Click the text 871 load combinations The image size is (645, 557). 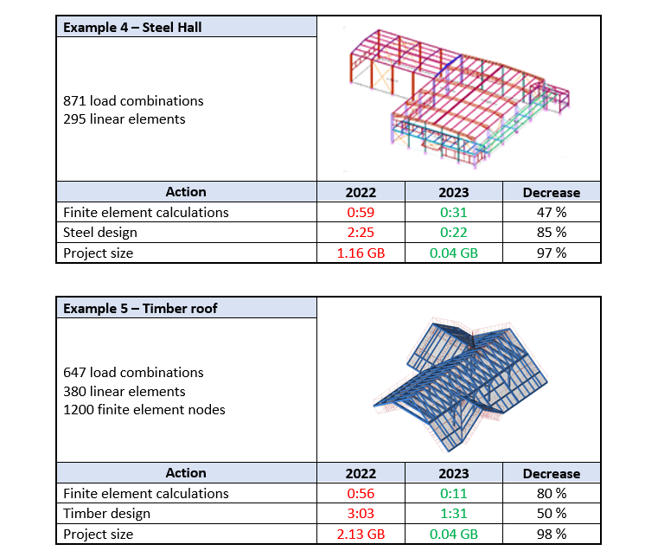pyautogui.click(x=133, y=100)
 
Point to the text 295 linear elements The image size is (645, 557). pyautogui.click(x=125, y=119)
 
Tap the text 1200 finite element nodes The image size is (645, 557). pyautogui.click(x=144, y=410)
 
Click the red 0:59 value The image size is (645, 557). pyautogui.click(x=361, y=212)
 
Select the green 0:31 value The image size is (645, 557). pyautogui.click(x=454, y=212)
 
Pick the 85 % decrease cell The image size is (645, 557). pyautogui.click(x=551, y=232)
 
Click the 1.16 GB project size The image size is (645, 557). pyautogui.click(x=361, y=253)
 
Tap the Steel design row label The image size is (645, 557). pyautogui.click(x=100, y=232)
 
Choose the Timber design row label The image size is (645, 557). pyautogui.click(x=106, y=514)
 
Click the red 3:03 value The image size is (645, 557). pyautogui.click(x=361, y=514)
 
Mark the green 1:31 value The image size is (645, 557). pyautogui.click(x=454, y=514)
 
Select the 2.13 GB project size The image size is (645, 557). pyautogui.click(x=361, y=535)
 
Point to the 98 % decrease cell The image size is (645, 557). pyautogui.click(x=551, y=535)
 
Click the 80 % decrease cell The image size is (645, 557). pyautogui.click(x=551, y=493)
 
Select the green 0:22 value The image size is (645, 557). pyautogui.click(x=454, y=232)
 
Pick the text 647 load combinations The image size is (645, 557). pyautogui.click(x=133, y=373)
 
